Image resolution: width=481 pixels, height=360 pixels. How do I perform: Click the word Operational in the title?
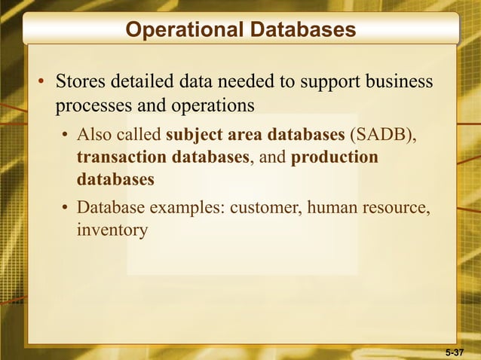[182, 30]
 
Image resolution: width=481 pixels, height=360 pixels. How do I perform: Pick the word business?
[398, 81]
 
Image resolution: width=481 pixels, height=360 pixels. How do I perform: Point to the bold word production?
[334, 158]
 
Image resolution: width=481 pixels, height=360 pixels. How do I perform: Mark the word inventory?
[112, 230]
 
